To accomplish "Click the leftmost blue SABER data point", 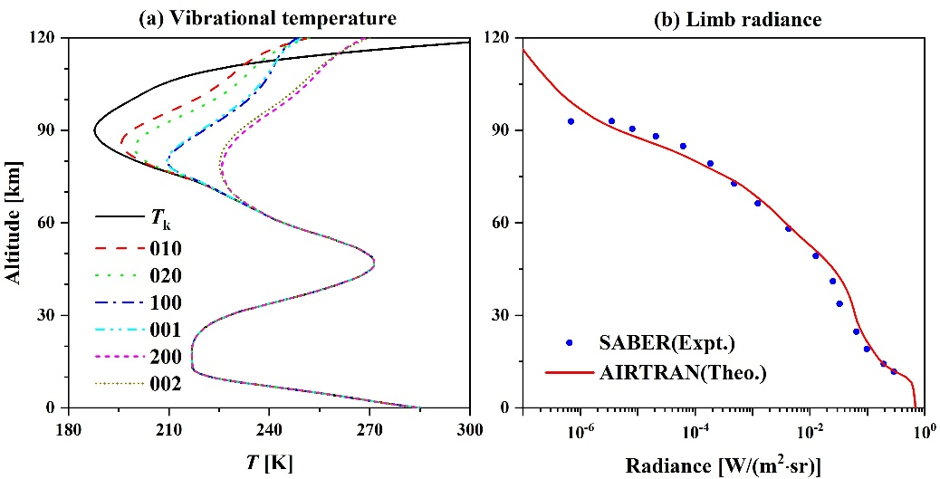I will tap(571, 121).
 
